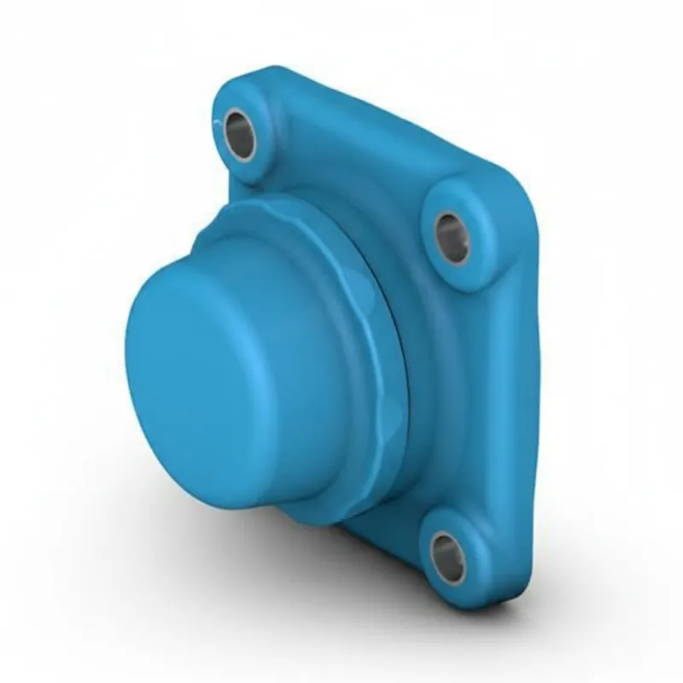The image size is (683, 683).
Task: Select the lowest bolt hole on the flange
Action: (448, 556)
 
